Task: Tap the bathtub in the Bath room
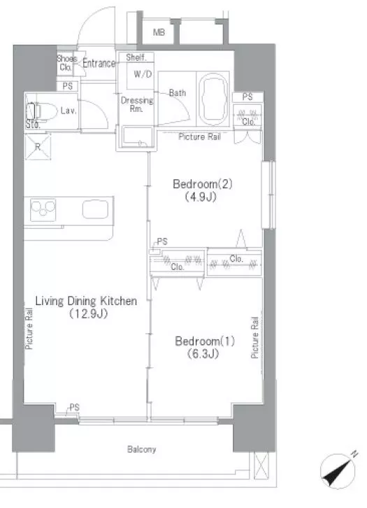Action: tap(213, 99)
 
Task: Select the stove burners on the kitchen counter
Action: tap(43, 210)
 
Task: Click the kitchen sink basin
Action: tap(95, 209)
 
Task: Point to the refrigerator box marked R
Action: tap(38, 147)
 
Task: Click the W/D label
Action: tap(143, 74)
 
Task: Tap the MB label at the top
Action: tap(159, 32)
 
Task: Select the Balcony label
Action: tap(141, 449)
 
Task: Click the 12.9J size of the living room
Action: tap(88, 313)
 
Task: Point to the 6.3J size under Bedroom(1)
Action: tap(203, 354)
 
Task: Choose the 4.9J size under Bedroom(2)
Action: tap(201, 197)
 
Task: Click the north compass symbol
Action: tap(338, 470)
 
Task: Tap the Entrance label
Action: tap(99, 63)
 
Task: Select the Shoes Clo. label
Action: tap(66, 63)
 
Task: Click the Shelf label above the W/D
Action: tap(136, 57)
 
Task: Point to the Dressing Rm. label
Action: tap(136, 104)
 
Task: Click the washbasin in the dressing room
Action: tap(137, 136)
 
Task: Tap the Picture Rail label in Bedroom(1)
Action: tap(254, 337)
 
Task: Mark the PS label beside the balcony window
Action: tap(74, 407)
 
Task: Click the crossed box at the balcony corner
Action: tap(261, 465)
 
